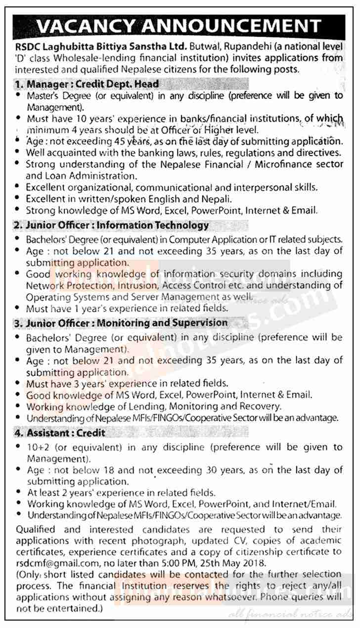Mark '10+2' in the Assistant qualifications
[x=37, y=447]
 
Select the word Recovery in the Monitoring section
[x=261, y=406]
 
